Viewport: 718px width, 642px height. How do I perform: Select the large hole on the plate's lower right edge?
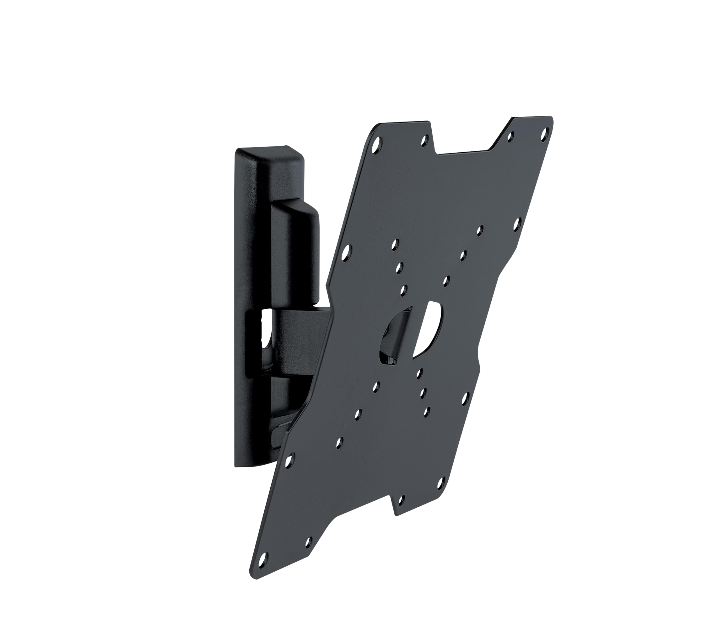(x=464, y=398)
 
